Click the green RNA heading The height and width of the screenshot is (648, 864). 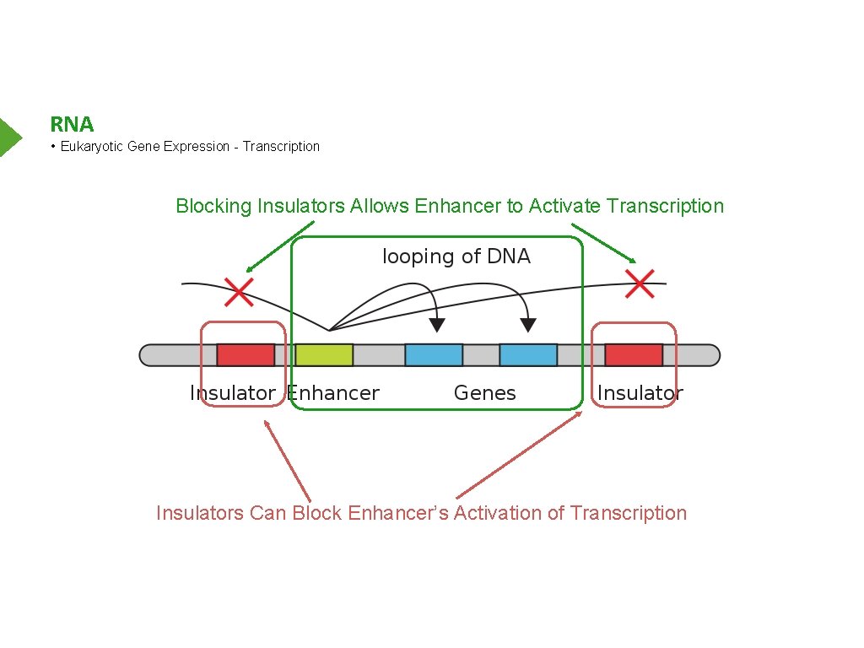click(72, 125)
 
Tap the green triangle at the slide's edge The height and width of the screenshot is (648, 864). click(9, 138)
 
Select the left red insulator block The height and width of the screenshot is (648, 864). click(246, 354)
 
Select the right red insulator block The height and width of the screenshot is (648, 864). click(634, 354)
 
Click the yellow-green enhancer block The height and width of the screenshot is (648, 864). click(324, 354)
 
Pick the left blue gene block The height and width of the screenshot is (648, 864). click(434, 354)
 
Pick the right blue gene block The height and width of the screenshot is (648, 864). click(528, 354)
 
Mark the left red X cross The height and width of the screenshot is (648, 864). click(239, 292)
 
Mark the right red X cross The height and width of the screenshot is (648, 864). click(640, 283)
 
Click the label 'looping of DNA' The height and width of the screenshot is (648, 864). click(456, 256)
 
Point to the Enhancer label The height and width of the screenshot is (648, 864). click(334, 393)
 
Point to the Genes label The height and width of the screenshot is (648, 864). click(484, 393)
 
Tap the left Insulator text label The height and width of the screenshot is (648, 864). click(233, 393)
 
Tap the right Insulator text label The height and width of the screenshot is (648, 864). click(640, 393)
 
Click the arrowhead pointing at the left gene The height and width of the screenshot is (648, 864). click(436, 324)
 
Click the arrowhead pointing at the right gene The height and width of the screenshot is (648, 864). click(528, 324)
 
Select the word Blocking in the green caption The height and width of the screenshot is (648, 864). click(213, 206)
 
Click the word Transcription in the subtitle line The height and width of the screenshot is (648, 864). click(281, 147)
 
